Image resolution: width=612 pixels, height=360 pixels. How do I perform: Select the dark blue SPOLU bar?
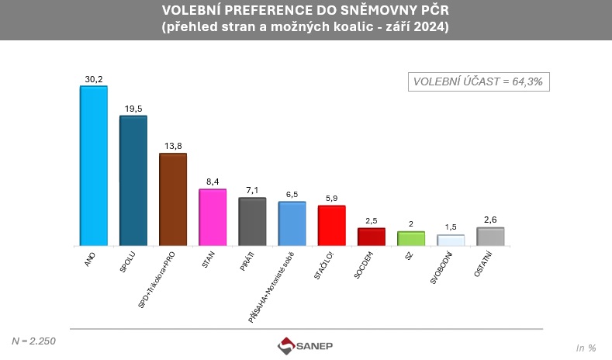pos(133,181)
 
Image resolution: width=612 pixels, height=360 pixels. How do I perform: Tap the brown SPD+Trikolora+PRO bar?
pos(173,199)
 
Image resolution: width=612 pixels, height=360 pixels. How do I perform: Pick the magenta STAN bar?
pos(213,217)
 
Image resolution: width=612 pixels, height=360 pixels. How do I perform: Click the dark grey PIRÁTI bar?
pos(252,222)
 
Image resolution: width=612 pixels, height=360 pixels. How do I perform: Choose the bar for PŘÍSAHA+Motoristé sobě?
pos(292,223)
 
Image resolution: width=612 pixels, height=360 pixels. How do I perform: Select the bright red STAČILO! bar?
pos(332,226)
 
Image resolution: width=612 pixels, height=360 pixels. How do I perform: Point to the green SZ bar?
pos(411,238)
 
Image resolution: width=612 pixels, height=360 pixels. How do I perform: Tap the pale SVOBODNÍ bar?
pos(451,241)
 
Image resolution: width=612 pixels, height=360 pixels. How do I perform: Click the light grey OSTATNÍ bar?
pos(490,237)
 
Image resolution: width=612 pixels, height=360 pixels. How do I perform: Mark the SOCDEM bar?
pos(372,237)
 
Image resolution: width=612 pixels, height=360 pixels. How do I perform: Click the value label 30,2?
pos(93,78)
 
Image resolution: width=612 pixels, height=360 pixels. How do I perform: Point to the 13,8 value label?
pos(173,146)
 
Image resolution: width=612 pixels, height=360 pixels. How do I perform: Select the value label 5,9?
pos(332,198)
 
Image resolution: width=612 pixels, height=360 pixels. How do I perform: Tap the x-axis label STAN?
pos(209,258)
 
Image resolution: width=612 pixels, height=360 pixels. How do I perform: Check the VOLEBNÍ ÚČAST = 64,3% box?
pos(479,81)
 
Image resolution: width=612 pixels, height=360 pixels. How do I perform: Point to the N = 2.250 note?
pos(34,341)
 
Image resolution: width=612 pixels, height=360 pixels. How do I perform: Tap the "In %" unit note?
pos(586,347)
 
